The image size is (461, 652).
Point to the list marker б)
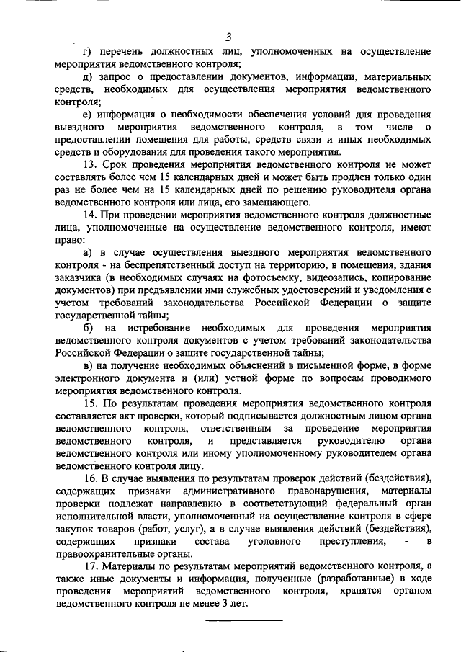click(x=87, y=328)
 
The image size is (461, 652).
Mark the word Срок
click(x=115, y=165)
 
